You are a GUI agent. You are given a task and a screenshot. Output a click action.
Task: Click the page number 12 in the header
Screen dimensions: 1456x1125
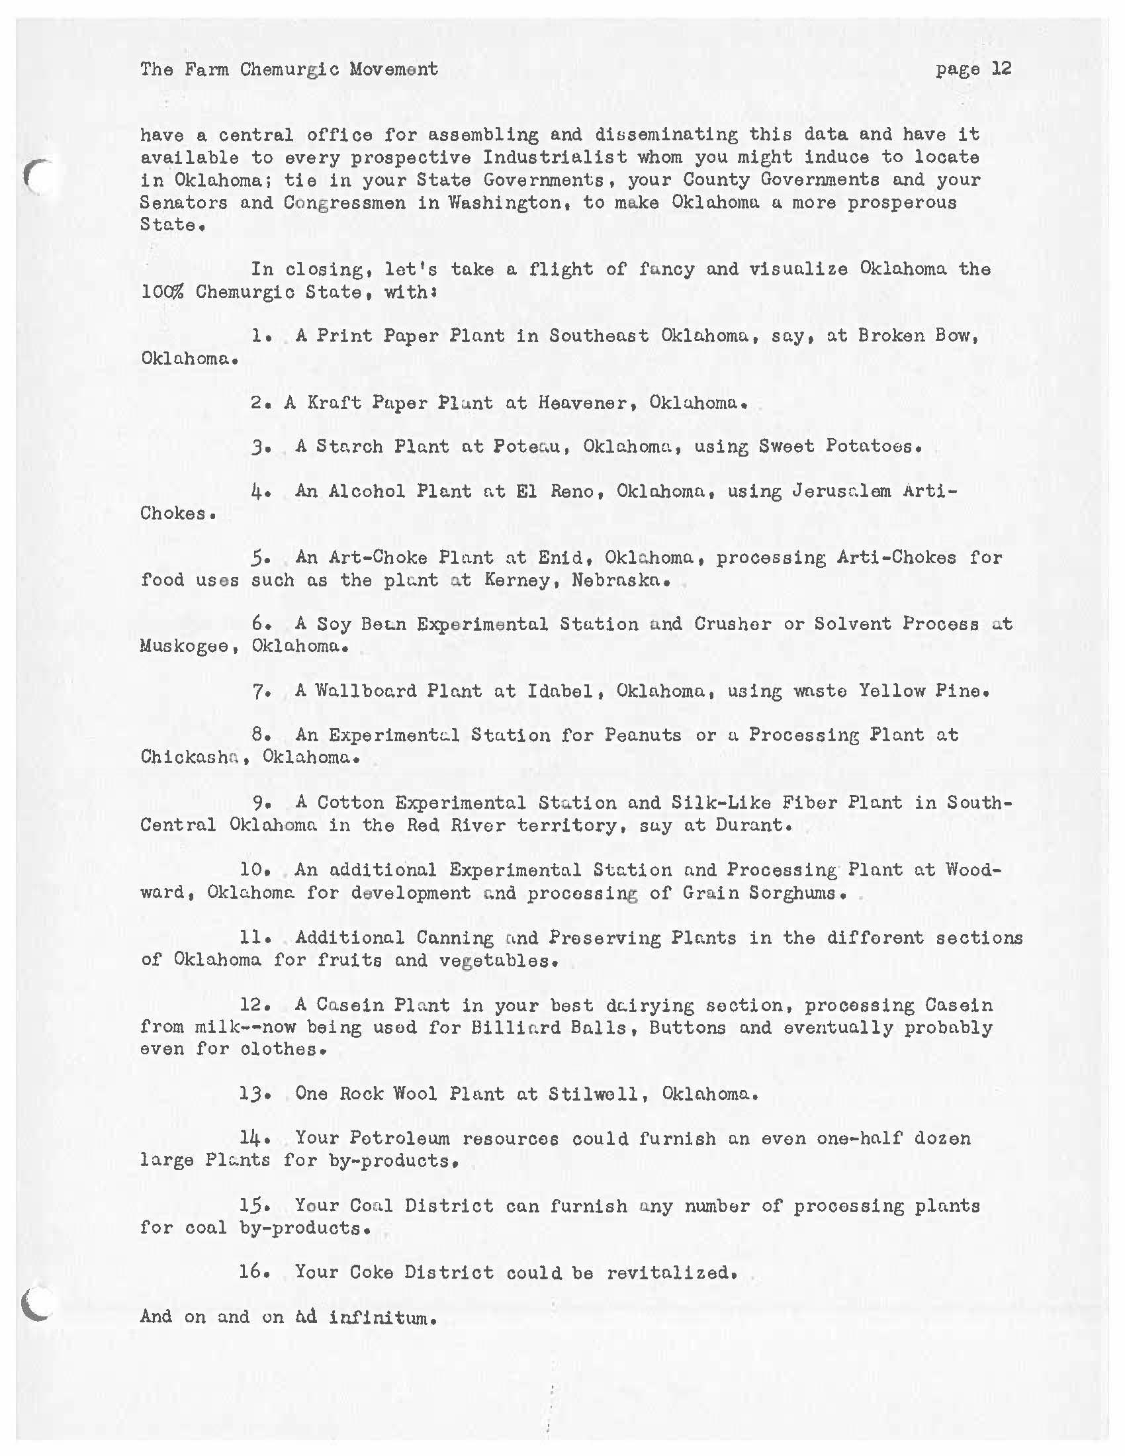tap(1001, 69)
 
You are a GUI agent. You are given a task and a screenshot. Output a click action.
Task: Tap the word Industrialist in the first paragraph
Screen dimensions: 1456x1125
tap(555, 158)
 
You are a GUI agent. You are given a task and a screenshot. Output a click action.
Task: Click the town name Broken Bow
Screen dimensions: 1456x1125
tap(918, 336)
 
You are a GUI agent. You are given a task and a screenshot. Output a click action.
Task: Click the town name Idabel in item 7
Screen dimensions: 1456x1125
tap(560, 691)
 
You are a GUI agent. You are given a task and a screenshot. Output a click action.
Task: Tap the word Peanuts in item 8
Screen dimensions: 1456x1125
tap(643, 735)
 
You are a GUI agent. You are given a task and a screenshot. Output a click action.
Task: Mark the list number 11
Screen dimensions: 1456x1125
tap(251, 937)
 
